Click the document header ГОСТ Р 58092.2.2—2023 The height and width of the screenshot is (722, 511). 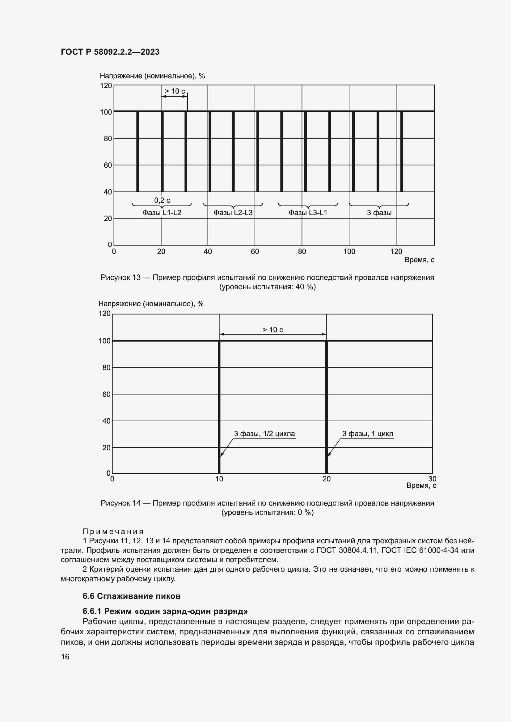(110, 52)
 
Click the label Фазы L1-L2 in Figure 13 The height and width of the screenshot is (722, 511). (162, 213)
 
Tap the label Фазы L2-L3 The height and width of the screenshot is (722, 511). (233, 213)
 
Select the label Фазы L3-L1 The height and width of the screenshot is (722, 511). (308, 213)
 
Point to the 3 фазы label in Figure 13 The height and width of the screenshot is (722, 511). (379, 213)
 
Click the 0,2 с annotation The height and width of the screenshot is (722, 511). (162, 200)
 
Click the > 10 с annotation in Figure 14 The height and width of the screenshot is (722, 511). (273, 330)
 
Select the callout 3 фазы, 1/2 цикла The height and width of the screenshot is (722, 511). (264, 434)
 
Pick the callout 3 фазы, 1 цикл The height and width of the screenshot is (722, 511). (368, 434)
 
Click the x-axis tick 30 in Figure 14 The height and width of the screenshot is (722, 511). (432, 479)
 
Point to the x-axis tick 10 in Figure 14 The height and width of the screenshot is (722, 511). (219, 479)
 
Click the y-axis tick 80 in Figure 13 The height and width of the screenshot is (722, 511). (108, 139)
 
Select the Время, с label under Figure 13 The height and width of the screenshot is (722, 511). (419, 260)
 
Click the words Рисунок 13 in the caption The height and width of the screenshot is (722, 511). (120, 278)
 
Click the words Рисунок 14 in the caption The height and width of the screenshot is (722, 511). (120, 503)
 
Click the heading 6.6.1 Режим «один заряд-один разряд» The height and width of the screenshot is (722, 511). (165, 611)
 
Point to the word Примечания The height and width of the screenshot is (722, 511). (113, 532)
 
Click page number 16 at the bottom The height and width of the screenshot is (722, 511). (65, 657)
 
